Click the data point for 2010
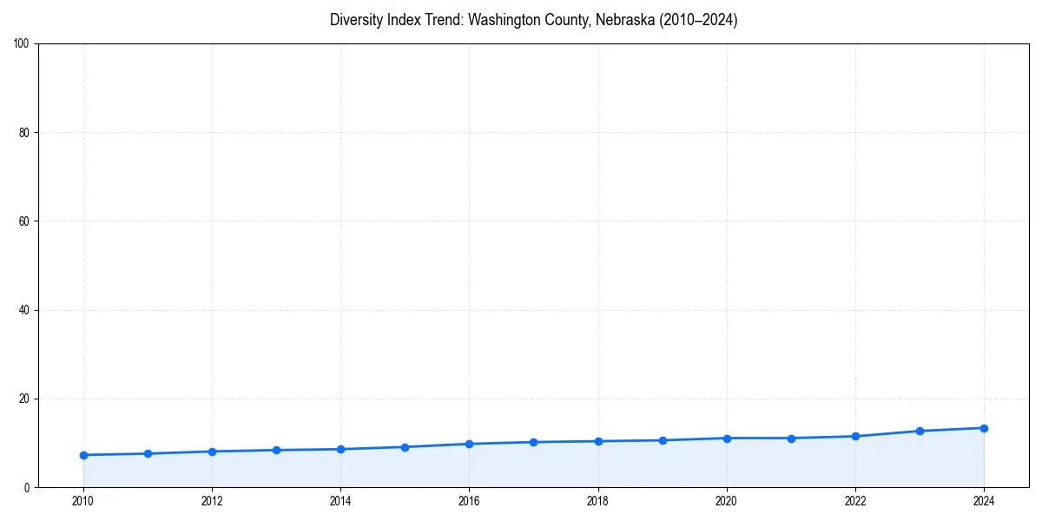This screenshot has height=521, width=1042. (x=83, y=455)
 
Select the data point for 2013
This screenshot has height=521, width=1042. (x=276, y=450)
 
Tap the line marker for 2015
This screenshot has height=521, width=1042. (x=405, y=447)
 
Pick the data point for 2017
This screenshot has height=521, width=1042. (x=533, y=442)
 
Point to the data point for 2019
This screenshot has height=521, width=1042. (x=663, y=440)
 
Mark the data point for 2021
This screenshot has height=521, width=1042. (x=791, y=439)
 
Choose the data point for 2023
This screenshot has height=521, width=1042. (x=920, y=431)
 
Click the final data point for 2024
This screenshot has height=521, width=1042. (x=984, y=428)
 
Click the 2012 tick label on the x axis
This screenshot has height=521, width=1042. (x=212, y=500)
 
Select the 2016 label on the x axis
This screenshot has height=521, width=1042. (x=469, y=500)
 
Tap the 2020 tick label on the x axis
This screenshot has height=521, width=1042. (x=727, y=500)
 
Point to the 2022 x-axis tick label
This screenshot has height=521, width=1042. (x=855, y=500)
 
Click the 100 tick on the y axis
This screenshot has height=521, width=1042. (x=23, y=44)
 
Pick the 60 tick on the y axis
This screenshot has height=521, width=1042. (x=25, y=221)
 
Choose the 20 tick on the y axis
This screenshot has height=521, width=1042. (x=25, y=399)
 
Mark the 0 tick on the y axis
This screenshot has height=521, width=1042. (x=28, y=488)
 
